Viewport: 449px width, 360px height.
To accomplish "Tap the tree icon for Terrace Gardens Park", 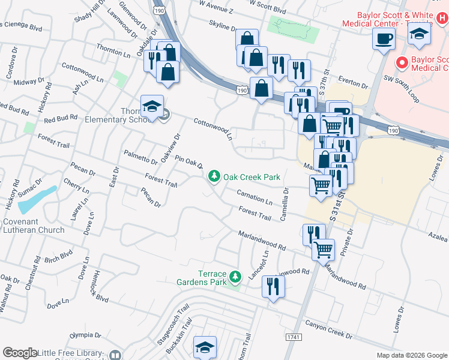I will [x=235, y=276].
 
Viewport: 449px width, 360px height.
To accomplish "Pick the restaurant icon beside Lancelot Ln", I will [x=273, y=287].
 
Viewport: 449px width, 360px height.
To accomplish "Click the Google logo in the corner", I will [x=20, y=353].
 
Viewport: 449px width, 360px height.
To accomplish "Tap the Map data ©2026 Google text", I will [x=411, y=355].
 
